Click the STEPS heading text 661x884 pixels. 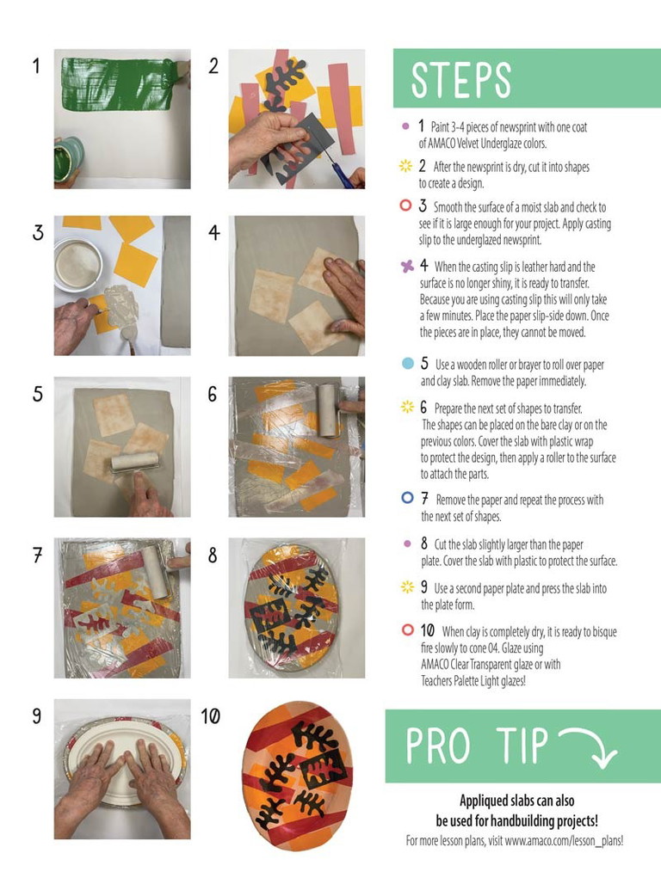(x=460, y=80)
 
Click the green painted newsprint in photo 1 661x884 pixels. (x=119, y=84)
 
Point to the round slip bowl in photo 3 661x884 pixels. (x=77, y=264)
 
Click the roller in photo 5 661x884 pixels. (x=135, y=462)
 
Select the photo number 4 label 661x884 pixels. (x=214, y=232)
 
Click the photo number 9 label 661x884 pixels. (x=37, y=716)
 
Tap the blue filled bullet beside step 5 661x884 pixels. (x=408, y=364)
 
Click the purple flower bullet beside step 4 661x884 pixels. (x=407, y=266)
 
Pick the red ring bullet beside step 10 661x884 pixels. (x=408, y=629)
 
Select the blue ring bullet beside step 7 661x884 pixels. (x=408, y=497)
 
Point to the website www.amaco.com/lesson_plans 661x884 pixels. (x=563, y=841)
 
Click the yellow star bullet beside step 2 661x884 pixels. (x=406, y=166)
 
